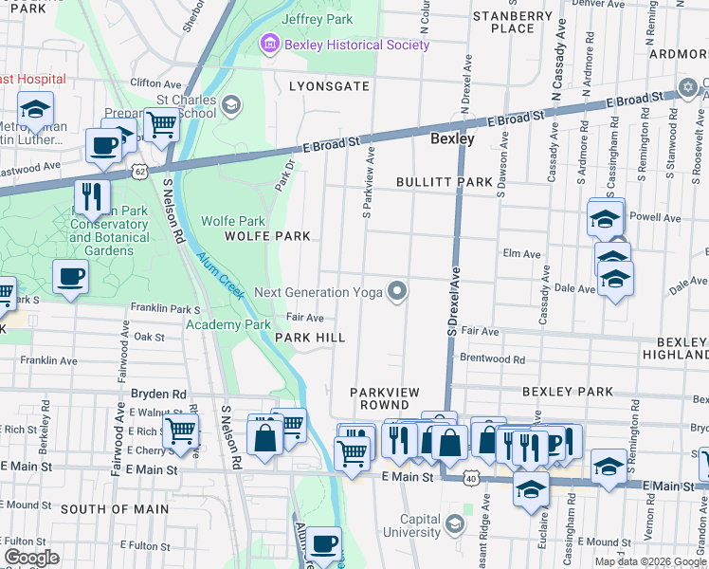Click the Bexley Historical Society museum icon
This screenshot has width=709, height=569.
click(x=270, y=45)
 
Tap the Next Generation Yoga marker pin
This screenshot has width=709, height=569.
click(x=399, y=292)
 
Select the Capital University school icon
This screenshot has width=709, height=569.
click(x=455, y=523)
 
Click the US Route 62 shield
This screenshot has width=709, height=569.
click(x=140, y=171)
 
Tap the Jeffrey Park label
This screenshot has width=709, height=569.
click(x=317, y=19)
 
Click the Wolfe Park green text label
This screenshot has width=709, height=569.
click(x=227, y=221)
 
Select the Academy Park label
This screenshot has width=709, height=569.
click(x=228, y=324)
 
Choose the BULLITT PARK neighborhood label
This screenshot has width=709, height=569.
click(x=445, y=181)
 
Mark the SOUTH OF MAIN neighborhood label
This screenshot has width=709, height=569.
click(x=115, y=509)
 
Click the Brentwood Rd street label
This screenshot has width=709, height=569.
click(x=492, y=359)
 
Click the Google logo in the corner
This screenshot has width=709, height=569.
click(x=31, y=558)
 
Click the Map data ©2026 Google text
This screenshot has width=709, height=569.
click(x=650, y=561)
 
